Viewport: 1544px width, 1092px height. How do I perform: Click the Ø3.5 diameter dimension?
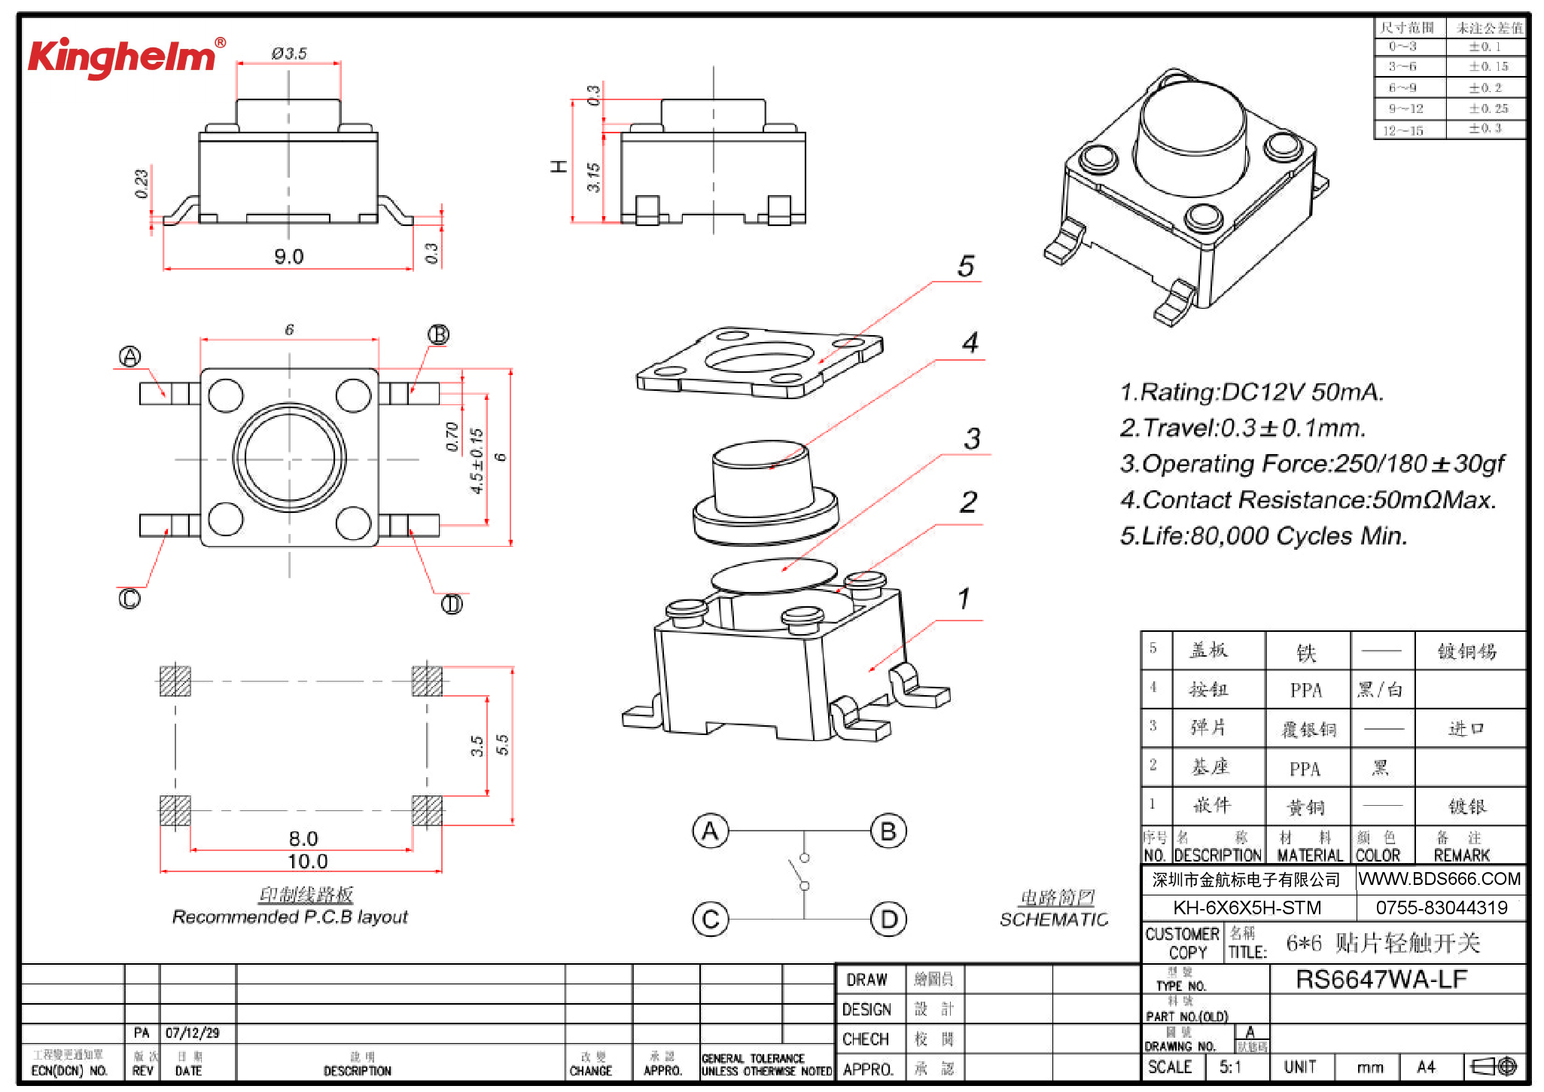[289, 53]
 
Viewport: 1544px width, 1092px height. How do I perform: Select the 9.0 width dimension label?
[288, 257]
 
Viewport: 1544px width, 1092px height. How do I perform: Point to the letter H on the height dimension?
[559, 166]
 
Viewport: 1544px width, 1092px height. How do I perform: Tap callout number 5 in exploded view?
[966, 266]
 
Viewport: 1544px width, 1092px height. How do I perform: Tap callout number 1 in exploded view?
[963, 599]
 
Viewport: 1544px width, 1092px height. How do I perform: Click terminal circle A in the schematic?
[710, 831]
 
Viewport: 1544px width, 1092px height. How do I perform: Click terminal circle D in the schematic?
[888, 920]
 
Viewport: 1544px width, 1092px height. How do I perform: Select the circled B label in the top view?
[438, 334]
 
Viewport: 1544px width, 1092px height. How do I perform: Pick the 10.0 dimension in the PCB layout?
[307, 861]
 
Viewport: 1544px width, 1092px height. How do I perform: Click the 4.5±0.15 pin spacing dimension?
[477, 461]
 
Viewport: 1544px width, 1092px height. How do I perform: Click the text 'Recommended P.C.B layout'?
[290, 917]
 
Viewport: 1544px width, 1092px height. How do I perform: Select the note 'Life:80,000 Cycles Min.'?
[1263, 535]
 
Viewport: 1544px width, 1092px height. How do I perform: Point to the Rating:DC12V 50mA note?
[1251, 392]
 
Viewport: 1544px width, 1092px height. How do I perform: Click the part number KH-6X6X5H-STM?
[1247, 907]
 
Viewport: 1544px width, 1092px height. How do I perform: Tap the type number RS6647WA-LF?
[1381, 979]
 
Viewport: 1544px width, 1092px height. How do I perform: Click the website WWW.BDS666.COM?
[1439, 879]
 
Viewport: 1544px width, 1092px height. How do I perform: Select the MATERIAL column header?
[1309, 855]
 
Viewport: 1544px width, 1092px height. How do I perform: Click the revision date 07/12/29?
[193, 1033]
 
